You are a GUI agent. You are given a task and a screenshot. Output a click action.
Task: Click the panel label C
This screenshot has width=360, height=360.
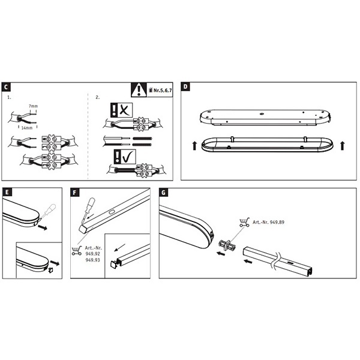coord(6,87)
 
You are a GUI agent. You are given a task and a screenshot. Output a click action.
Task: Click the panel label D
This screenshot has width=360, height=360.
coord(185,86)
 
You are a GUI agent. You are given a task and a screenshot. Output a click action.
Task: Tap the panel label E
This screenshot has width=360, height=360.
coord(7,192)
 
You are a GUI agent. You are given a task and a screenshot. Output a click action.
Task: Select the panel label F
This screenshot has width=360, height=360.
coord(75,193)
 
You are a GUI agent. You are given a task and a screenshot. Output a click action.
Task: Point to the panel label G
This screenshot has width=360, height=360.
coord(163,193)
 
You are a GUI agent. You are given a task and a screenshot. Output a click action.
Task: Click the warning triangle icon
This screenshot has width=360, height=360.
coord(139,90)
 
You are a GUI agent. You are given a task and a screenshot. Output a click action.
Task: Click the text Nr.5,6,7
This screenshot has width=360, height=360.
coord(163,90)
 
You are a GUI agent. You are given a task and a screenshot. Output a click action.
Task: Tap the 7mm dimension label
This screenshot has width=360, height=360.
coord(33,106)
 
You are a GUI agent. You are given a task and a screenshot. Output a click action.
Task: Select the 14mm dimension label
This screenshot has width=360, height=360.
coord(27,128)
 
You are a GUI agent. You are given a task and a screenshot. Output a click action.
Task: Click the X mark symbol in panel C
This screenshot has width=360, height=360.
coord(125,110)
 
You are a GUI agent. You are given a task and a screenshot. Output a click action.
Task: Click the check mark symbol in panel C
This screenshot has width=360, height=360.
coord(128,157)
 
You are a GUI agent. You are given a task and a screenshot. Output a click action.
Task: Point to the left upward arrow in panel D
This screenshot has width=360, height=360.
coord(194,146)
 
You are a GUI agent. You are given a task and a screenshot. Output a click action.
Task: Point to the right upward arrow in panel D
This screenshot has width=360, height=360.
coord(343,146)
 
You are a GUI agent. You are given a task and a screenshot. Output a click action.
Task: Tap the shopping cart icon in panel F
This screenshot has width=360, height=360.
coord(77,251)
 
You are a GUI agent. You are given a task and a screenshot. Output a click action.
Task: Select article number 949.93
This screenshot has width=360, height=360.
coord(93,260)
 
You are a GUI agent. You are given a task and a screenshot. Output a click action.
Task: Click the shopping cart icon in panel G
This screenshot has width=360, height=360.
coord(244,223)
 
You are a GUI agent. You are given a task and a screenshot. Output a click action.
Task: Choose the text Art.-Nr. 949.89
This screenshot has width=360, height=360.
coord(268,222)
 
